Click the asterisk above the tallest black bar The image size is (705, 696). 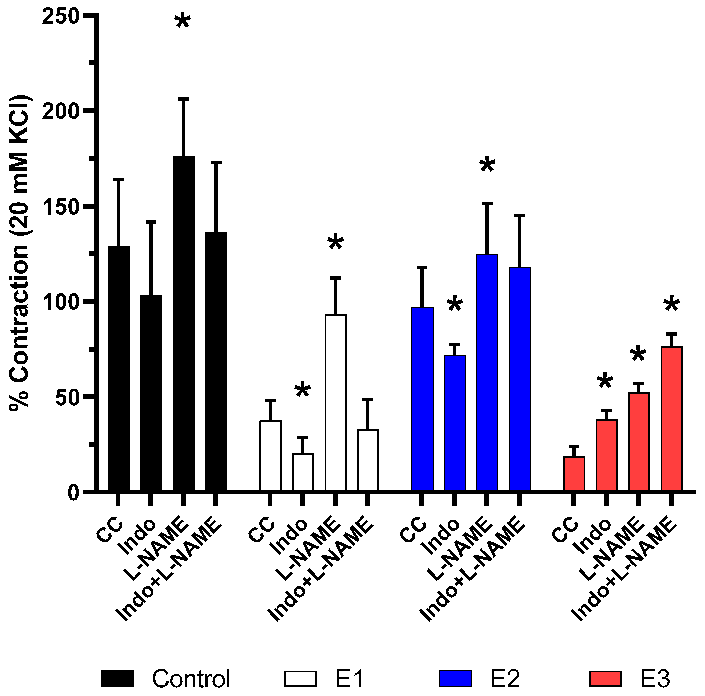click(182, 22)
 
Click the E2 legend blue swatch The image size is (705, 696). click(455, 679)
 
